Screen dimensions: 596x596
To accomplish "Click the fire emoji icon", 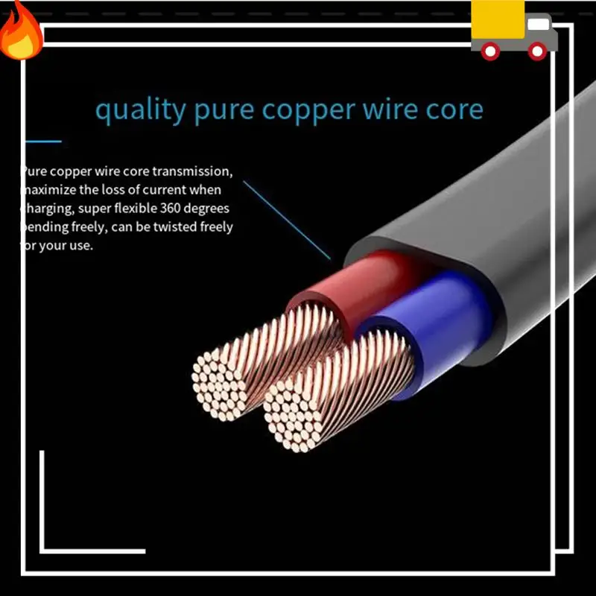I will (x=21, y=31).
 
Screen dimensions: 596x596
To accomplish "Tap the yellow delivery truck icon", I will (x=513, y=30).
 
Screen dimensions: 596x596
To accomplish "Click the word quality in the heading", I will (x=140, y=110).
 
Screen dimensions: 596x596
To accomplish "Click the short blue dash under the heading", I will (x=43, y=141).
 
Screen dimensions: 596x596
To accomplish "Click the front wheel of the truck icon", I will (x=537, y=51).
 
